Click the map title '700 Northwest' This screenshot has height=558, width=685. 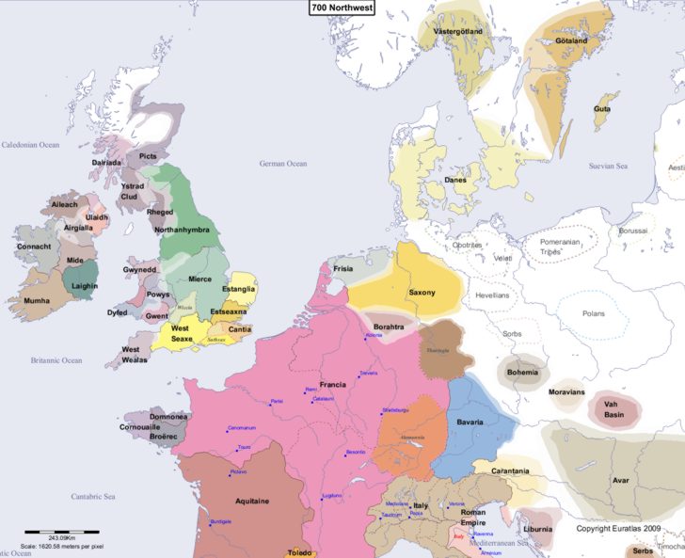pos(342,7)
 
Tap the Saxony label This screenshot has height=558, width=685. pos(422,293)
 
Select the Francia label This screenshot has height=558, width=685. pos(332,385)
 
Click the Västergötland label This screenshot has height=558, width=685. pos(457,31)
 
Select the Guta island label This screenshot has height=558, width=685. pos(601,109)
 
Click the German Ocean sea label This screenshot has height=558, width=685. pos(283,164)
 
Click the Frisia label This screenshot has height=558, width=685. pos(343,268)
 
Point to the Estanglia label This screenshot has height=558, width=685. pos(238,290)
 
